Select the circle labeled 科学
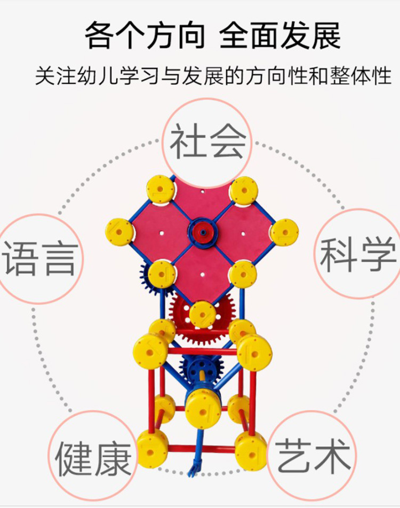[358, 254]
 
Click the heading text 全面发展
[280, 36]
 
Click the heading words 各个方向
[145, 36]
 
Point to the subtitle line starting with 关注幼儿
[213, 76]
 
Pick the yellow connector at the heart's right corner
[284, 232]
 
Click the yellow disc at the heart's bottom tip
[203, 314]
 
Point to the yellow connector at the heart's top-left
[161, 189]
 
